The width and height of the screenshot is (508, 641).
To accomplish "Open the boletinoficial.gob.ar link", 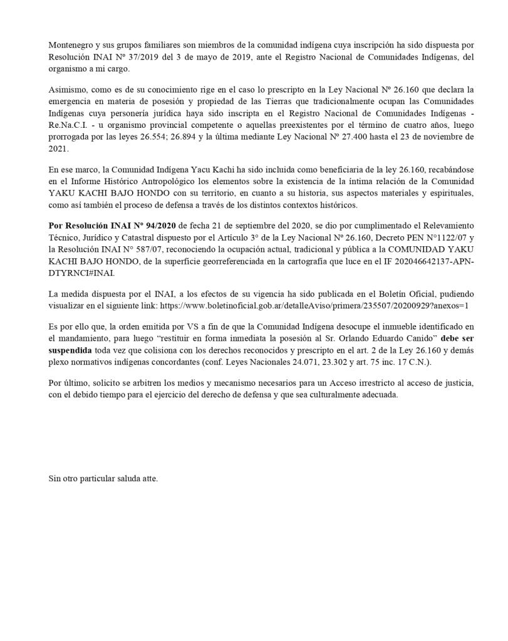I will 314,305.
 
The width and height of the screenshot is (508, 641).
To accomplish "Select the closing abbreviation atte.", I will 149,479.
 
